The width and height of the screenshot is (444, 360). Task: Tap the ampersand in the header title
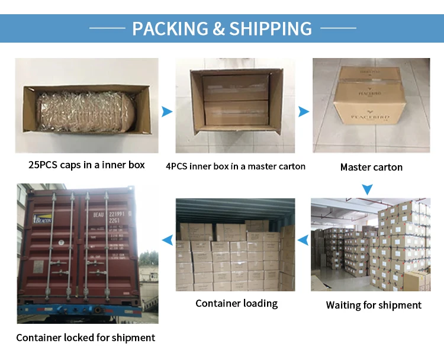pyautogui.click(x=218, y=28)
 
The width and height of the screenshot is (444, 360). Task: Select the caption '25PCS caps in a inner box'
pyautogui.click(x=86, y=165)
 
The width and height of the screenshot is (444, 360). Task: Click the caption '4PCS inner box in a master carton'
pyautogui.click(x=236, y=166)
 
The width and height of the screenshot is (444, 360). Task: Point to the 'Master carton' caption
pyautogui.click(x=371, y=167)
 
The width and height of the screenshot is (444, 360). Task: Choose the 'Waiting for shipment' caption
pyautogui.click(x=374, y=306)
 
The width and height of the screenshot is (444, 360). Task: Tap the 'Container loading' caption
pyautogui.click(x=236, y=303)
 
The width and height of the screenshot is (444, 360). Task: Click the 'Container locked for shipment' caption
pyautogui.click(x=85, y=337)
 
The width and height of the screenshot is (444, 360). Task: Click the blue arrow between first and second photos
pyautogui.click(x=167, y=111)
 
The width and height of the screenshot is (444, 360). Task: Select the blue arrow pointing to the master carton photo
pyautogui.click(x=304, y=111)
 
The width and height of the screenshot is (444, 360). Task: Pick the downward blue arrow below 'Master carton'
pyautogui.click(x=368, y=189)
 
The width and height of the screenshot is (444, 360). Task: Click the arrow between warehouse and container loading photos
pyautogui.click(x=303, y=240)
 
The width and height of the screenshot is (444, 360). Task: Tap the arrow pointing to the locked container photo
pyautogui.click(x=168, y=240)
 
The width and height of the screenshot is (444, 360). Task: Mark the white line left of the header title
pyautogui.click(x=107, y=28)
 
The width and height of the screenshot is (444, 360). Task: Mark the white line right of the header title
pyautogui.click(x=338, y=28)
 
